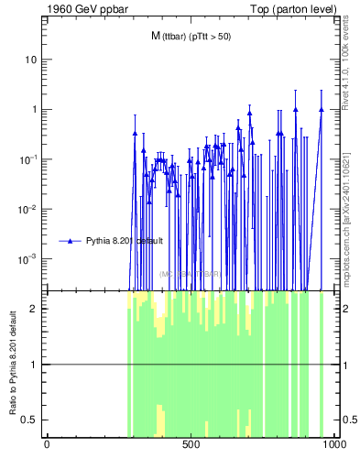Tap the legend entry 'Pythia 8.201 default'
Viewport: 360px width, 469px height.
tap(124, 241)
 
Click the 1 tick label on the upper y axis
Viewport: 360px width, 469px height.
tap(35, 110)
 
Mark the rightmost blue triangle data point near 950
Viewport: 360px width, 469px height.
tap(322, 109)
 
